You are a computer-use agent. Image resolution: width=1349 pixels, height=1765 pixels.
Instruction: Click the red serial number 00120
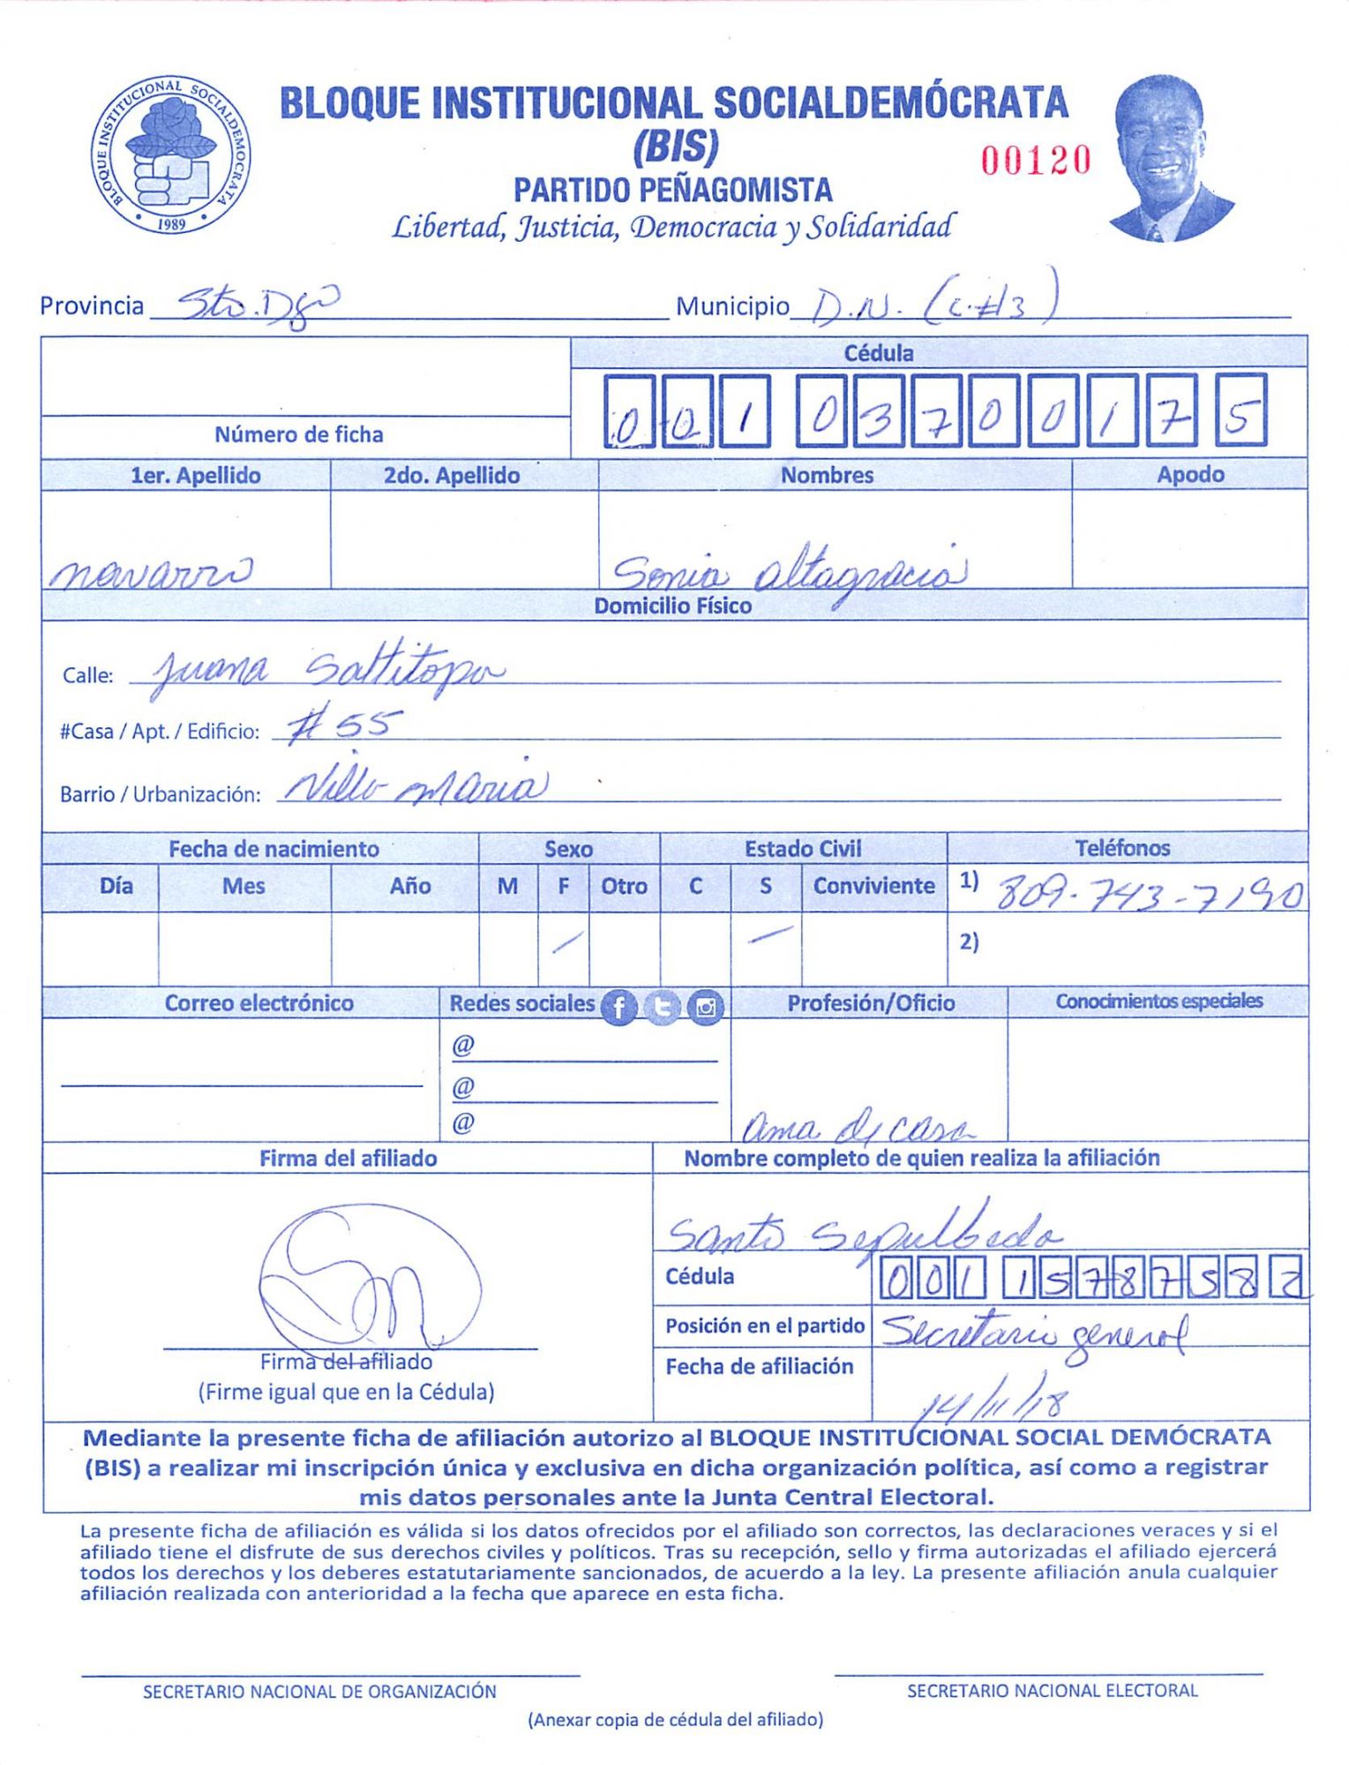(x=1037, y=161)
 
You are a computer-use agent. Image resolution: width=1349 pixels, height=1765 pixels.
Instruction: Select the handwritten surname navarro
(x=150, y=574)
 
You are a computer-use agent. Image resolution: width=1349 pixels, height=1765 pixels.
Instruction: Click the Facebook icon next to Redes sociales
(x=618, y=1007)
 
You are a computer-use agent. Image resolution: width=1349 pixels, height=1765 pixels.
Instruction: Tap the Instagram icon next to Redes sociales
(x=706, y=1007)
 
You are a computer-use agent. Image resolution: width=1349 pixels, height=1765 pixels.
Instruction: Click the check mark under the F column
(x=566, y=943)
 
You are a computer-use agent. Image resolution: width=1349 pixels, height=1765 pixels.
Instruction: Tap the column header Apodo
(x=1190, y=475)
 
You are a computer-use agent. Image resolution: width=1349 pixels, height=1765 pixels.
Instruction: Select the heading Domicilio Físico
(x=672, y=606)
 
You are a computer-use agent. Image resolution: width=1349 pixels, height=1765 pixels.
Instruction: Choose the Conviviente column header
(x=873, y=886)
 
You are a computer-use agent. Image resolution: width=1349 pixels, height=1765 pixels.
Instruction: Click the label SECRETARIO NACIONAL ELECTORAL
(x=1052, y=1690)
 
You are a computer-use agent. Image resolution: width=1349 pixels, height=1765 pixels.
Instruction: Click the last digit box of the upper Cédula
(x=1240, y=410)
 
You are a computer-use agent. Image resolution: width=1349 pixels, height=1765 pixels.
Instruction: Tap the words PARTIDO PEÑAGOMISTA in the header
(x=673, y=191)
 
